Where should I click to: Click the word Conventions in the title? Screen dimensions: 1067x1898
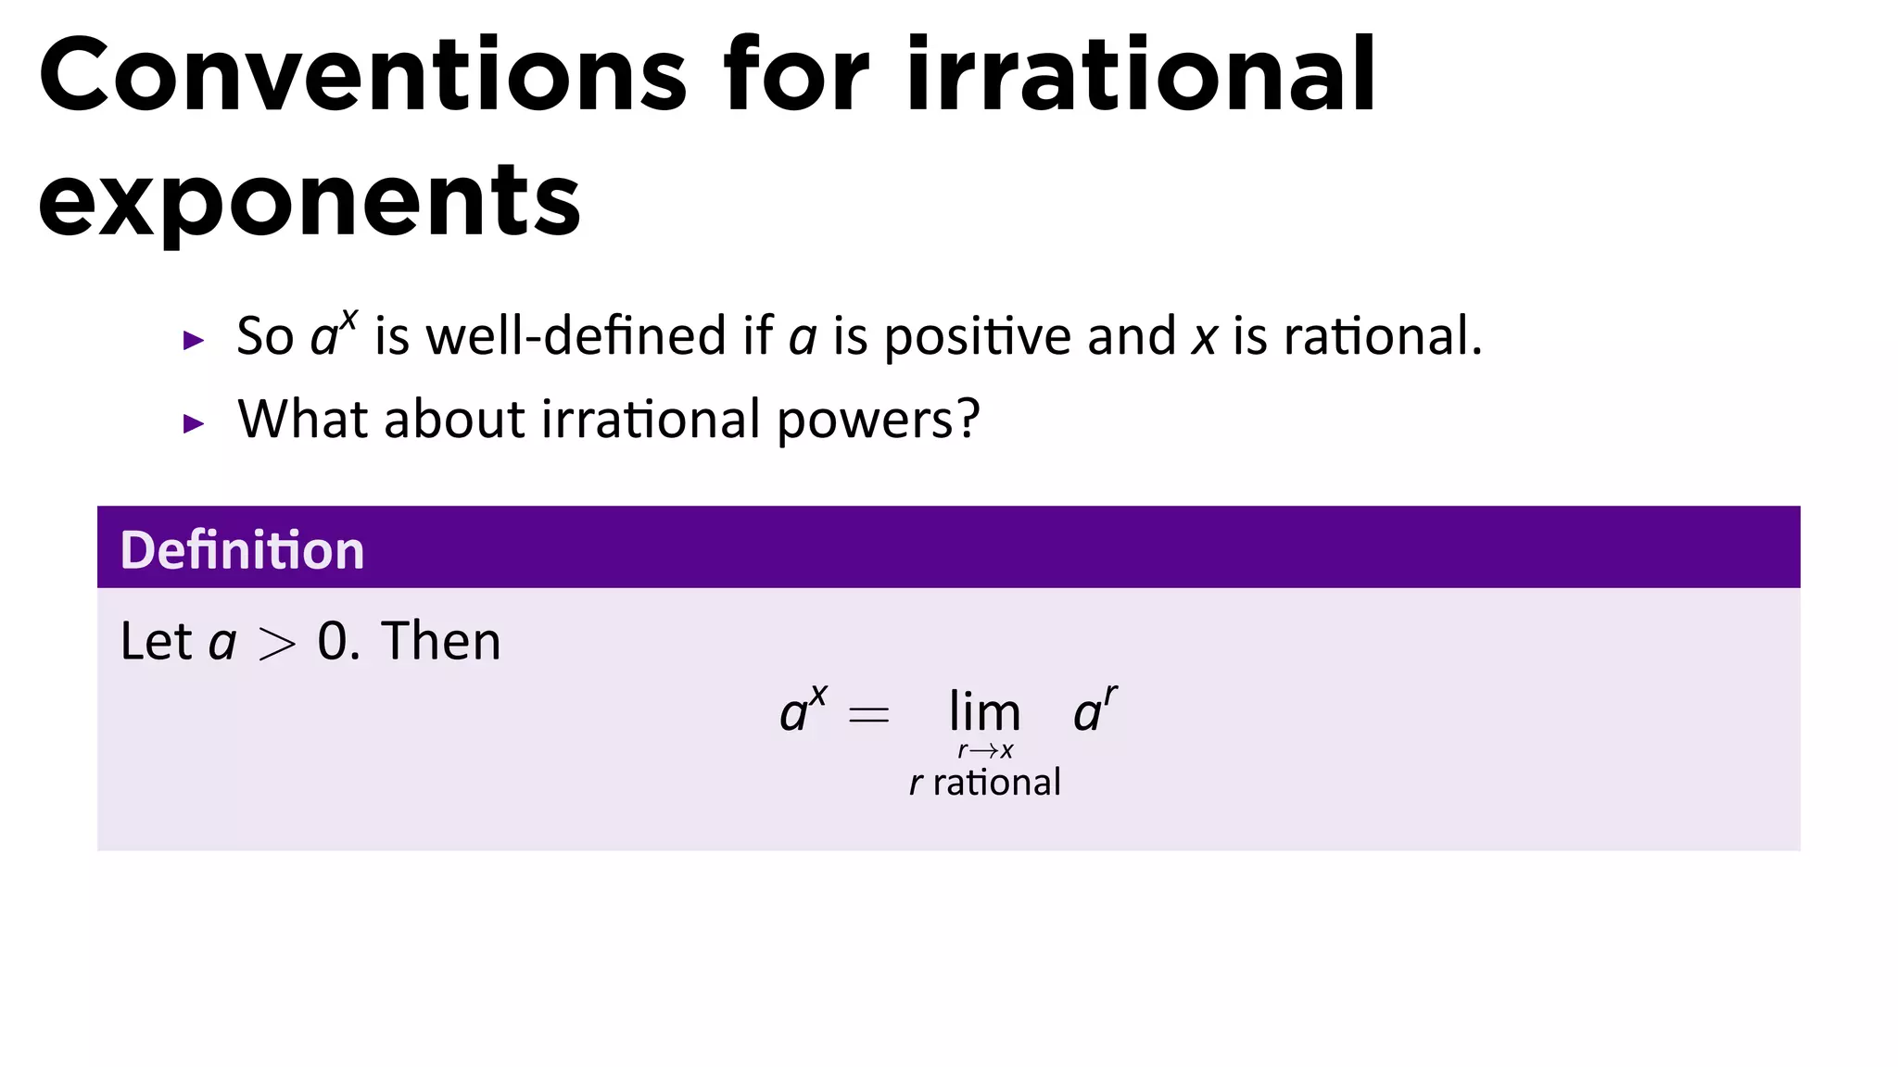tap(361, 76)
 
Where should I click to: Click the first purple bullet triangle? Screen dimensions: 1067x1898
tap(194, 341)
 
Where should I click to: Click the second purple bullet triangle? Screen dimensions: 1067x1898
tap(194, 424)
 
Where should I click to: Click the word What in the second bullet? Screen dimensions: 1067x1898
tap(303, 419)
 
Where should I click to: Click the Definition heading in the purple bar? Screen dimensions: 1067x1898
tap(242, 550)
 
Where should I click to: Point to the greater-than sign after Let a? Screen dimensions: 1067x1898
tap(277, 644)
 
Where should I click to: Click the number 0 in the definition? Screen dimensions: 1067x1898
tap(332, 641)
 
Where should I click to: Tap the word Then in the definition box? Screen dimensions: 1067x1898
tap(441, 641)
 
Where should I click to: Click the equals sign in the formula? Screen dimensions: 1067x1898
tap(868, 715)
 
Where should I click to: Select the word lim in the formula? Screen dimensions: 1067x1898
tap(984, 713)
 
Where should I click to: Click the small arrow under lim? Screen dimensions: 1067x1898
tap(984, 751)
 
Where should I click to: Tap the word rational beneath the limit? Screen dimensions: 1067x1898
tap(996, 783)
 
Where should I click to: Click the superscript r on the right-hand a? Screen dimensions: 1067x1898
tap(1110, 695)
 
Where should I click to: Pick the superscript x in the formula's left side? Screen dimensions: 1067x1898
tap(817, 696)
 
